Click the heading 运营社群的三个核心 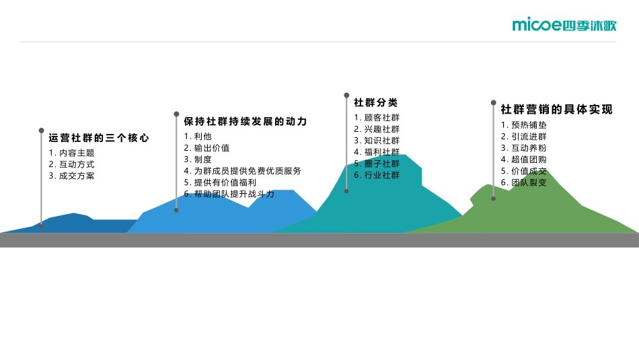[x=98, y=138]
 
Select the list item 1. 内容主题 [x=71, y=153]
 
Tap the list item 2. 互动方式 [x=71, y=164]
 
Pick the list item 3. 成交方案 [x=71, y=176]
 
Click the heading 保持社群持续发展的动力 [x=245, y=122]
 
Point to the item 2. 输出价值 [x=206, y=148]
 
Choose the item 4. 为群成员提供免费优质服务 [x=242, y=171]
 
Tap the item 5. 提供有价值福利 [x=220, y=182]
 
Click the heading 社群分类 [x=376, y=103]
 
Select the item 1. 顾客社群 [x=377, y=118]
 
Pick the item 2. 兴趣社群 [x=377, y=129]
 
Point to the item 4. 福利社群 [x=377, y=152]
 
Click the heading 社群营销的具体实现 [x=556, y=110]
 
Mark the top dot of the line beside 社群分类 [x=346, y=96]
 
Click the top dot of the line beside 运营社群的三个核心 [x=41, y=131]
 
